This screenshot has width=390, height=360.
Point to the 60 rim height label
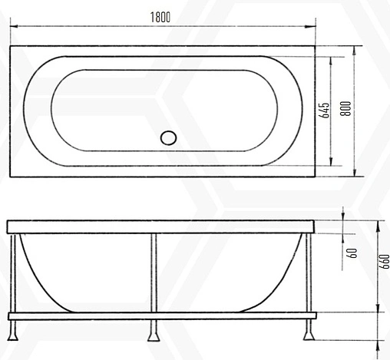tap(352, 253)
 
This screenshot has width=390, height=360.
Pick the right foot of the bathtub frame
tap(310, 332)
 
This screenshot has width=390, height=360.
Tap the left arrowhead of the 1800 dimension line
tap(14, 28)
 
